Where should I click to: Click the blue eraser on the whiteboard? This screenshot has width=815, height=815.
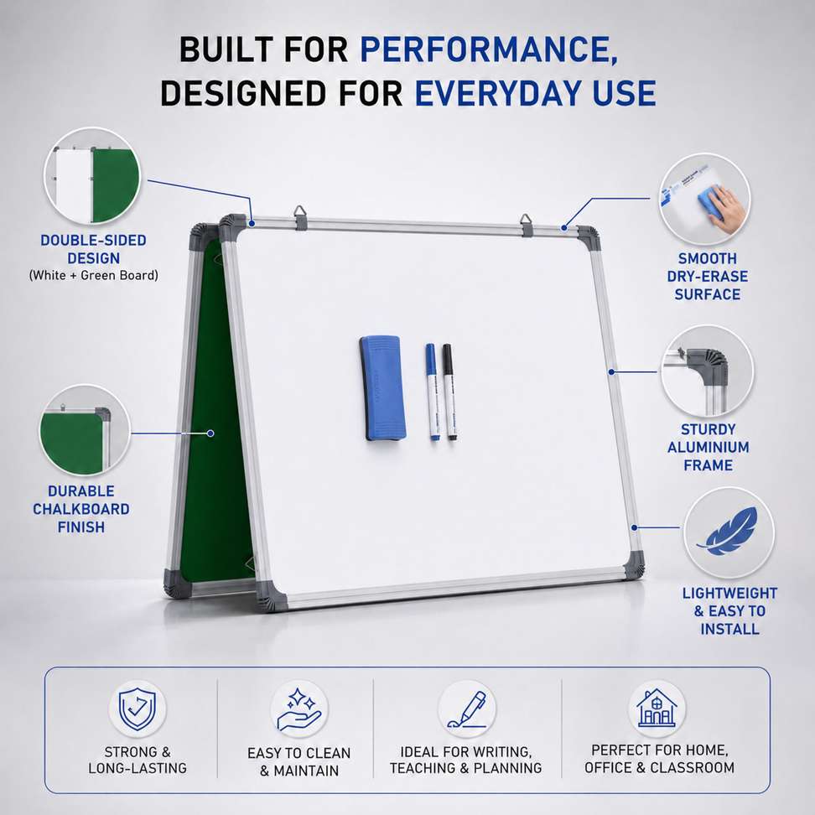pos(382,388)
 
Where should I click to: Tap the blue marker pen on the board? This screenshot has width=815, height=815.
pos(433,392)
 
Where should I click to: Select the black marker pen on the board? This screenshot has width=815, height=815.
pos(449,392)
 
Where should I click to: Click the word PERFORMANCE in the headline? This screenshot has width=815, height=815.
pos(489,49)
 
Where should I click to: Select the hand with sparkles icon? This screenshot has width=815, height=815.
pos(298,709)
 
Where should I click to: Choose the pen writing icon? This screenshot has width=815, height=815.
pos(467,709)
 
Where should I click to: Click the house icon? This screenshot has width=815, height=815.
pos(657,708)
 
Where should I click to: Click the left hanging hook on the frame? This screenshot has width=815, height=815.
pos(300,216)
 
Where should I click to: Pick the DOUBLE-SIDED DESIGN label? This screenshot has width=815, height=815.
pos(94,250)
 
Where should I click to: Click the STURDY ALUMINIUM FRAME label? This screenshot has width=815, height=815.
pos(708,448)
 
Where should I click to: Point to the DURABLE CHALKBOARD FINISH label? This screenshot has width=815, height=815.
pos(81,510)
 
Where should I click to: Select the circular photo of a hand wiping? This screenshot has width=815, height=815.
pos(704,199)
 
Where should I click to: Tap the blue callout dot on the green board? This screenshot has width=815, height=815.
pos(210,433)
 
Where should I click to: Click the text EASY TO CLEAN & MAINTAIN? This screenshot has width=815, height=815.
pos(298,761)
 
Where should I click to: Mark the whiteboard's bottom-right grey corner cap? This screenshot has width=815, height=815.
pos(633,565)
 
